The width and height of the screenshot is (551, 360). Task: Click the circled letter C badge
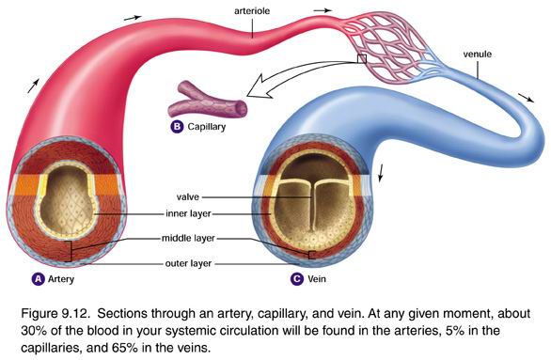point(298,278)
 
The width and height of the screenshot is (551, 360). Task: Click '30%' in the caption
point(26,327)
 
